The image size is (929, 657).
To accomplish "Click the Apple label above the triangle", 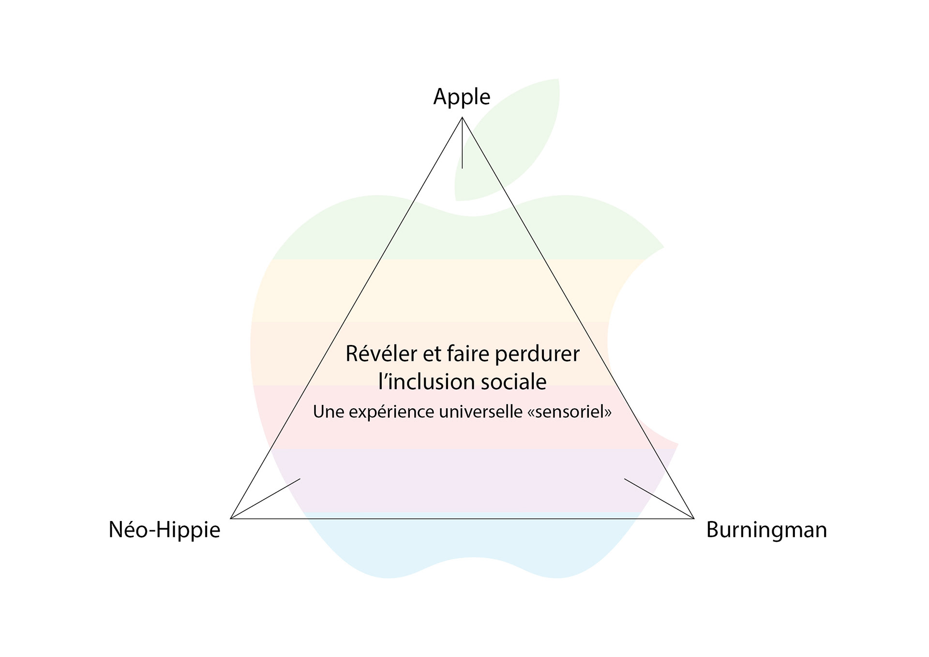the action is pos(462,97).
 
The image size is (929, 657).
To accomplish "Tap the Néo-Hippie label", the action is pos(164,530).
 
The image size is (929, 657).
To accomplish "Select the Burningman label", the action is pos(766,530).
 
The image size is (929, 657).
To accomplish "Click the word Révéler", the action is pos(381,354).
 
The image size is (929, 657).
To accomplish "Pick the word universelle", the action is pos(480,412).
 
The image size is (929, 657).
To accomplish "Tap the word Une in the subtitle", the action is pos(328,412).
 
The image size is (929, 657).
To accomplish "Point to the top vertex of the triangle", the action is pos(462,118).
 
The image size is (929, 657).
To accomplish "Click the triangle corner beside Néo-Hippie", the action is pos(231,518).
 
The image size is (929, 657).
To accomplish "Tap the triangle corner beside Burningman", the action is pos(694,518).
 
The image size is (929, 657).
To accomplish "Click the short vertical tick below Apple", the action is pos(462,145).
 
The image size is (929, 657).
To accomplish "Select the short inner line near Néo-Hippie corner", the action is pos(266,498).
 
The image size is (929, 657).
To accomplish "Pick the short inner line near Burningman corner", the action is pos(658,498).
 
